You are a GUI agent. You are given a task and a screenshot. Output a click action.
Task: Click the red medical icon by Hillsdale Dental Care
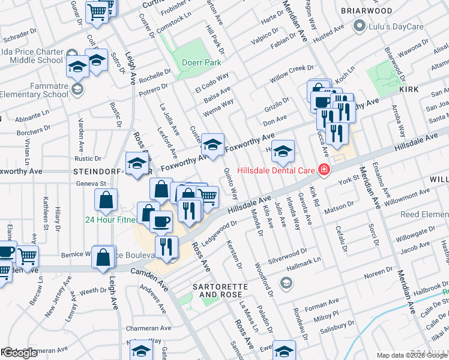tap(324, 170)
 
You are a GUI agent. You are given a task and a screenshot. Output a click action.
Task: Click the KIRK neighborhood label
tap(409, 88)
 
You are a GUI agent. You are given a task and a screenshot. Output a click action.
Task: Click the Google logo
tap(20, 353)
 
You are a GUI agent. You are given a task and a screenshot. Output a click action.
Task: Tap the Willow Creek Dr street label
tap(292, 74)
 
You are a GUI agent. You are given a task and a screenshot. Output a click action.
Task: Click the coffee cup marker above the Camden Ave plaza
tap(160, 221)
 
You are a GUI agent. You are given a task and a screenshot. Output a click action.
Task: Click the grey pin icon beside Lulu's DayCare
tap(360, 25)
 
